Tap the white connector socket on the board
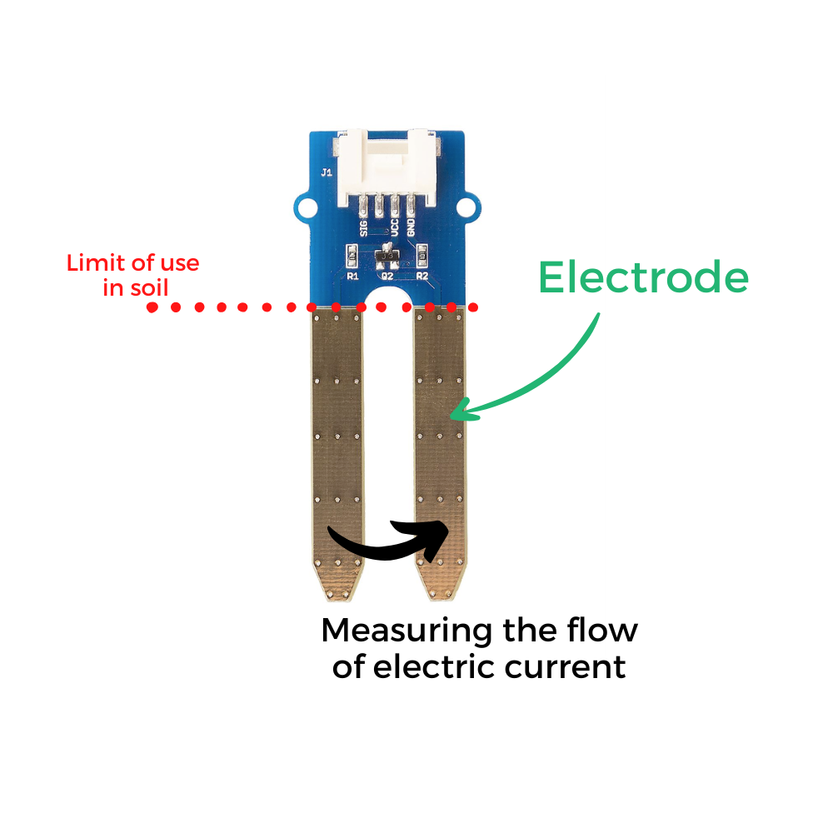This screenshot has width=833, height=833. [387, 167]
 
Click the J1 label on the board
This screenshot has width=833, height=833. [327, 172]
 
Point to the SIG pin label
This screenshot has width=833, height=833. [363, 227]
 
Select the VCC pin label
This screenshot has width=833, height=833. [394, 227]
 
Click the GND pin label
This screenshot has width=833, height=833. [411, 227]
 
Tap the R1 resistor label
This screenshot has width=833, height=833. [352, 277]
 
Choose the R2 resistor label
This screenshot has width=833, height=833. [422, 277]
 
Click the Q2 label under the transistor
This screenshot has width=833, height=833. [387, 277]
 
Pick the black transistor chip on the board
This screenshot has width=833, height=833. [387, 256]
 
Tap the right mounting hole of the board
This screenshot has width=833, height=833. [467, 207]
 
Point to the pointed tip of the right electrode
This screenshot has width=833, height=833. [441, 600]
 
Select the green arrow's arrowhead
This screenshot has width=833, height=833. [461, 411]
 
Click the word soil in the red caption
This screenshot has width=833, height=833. [149, 288]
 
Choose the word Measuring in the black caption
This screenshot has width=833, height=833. [407, 631]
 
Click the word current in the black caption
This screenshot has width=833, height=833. [565, 667]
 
